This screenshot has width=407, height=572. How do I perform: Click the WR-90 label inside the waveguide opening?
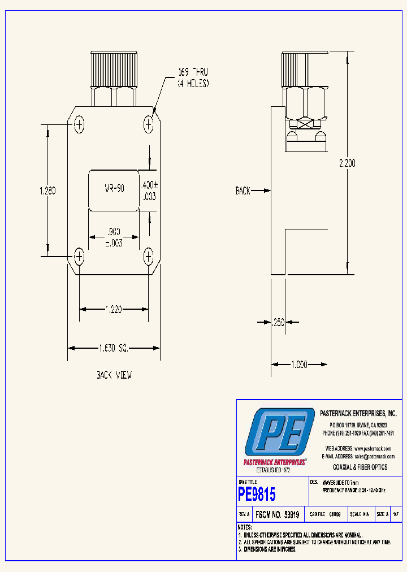[x=114, y=189]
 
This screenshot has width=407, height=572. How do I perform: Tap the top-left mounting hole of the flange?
[x=79, y=123]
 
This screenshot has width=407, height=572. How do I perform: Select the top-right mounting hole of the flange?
[x=148, y=123]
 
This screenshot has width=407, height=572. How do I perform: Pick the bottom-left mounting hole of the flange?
[x=79, y=257]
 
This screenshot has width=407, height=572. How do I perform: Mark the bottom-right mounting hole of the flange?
[x=148, y=257]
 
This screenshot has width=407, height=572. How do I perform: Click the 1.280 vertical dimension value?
[x=47, y=190]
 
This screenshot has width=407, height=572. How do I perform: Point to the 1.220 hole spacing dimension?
[x=114, y=309]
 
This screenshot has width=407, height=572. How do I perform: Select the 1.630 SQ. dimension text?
[x=114, y=348]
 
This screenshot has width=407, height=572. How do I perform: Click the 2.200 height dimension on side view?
[x=347, y=163]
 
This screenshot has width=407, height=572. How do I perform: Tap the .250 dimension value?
[x=278, y=322]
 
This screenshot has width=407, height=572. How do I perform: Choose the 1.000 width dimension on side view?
[x=299, y=365]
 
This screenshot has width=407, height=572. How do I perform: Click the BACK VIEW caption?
[x=114, y=375]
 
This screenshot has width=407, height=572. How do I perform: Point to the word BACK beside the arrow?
[x=243, y=191]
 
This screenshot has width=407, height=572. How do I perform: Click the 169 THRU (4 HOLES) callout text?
[x=193, y=77]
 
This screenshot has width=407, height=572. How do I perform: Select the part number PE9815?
[x=257, y=495]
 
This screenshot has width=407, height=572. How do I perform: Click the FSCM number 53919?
[x=277, y=515]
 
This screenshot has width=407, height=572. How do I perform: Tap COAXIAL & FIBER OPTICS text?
[x=360, y=467]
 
